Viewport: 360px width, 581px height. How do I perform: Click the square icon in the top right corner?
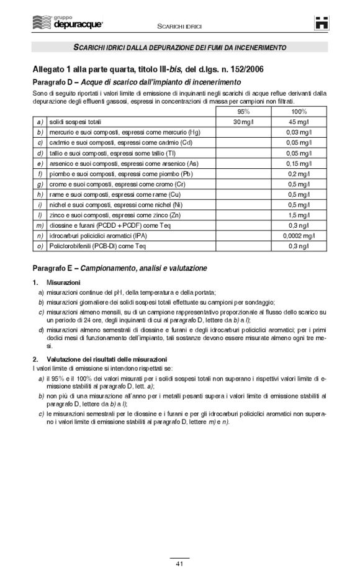[320, 23]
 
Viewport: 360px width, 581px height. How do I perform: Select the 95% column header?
[243, 112]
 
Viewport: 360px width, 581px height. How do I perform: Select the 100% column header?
[300, 112]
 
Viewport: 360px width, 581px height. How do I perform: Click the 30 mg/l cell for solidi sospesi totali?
[243, 122]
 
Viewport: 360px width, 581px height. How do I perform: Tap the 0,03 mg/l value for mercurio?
[300, 132]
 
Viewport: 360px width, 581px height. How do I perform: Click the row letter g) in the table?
[39, 184]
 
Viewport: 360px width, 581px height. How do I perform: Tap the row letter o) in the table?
[39, 245]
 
